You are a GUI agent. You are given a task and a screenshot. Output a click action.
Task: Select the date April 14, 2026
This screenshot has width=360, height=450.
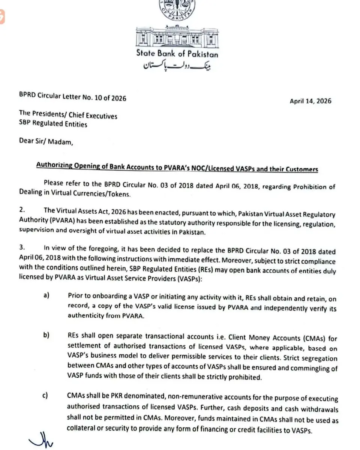click(310, 101)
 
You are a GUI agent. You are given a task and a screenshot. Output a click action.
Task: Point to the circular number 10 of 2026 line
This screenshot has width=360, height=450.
click(72, 98)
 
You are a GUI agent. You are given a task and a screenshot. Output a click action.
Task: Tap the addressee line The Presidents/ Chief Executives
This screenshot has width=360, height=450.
click(68, 116)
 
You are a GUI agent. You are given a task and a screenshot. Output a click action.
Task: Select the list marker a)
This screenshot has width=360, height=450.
click(46, 295)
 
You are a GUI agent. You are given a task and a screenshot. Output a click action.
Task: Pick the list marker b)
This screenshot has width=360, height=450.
click(46, 335)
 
